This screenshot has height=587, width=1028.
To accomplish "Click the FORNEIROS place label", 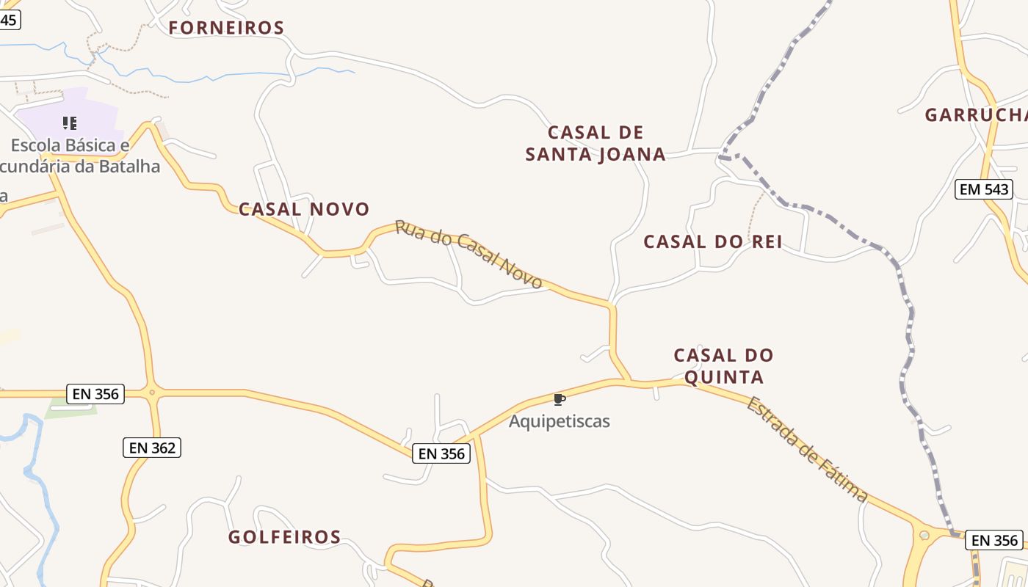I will pos(226,28).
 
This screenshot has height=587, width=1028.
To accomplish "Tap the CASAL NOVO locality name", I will pos(304,209).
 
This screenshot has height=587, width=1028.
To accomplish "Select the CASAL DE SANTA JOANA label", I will pos(596,143).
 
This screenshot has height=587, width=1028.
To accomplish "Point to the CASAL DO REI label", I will pos(713,242).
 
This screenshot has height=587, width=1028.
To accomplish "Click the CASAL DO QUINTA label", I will pos(724,366).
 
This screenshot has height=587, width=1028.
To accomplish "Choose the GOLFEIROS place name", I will pos(285,537).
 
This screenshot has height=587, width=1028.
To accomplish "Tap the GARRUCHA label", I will pos(975,115).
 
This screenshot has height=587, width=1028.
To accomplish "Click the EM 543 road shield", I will pos(984,189).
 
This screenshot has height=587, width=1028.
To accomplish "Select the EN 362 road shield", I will pos(151,447).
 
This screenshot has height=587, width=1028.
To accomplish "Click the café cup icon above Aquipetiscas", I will pos(559,399).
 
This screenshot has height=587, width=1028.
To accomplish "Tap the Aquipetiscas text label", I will pos(559,422).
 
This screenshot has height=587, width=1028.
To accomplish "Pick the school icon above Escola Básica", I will pos(70,123).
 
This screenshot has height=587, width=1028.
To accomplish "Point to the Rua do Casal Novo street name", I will pos(468,254).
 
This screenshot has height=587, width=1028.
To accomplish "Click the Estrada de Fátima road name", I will pos(807,449).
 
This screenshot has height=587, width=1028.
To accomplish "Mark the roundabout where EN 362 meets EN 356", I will pos(152,393).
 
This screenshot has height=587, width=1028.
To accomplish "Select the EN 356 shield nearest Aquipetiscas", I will pos(441,453).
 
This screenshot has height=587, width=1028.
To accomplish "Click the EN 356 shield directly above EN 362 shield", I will pos(95,394).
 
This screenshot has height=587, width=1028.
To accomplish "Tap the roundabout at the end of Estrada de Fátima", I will pos(924,535).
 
